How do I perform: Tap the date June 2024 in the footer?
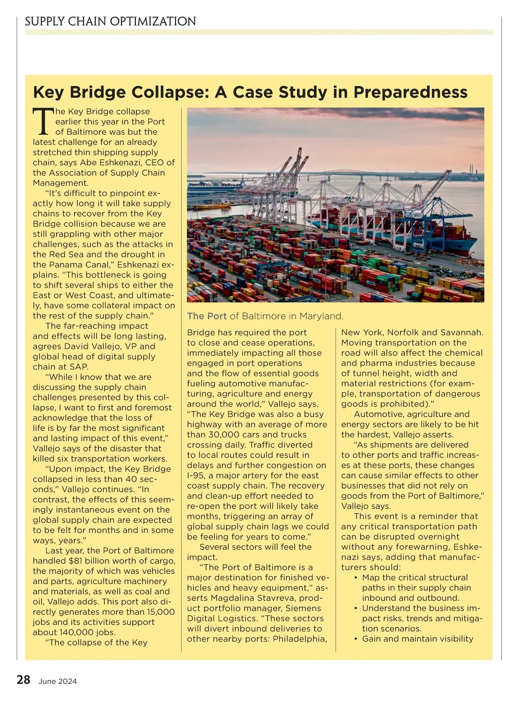[x=57, y=681]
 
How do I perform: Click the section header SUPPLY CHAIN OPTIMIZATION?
[x=111, y=21]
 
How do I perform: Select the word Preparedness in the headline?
[x=410, y=92]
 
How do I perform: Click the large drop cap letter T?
[x=43, y=122]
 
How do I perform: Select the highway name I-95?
[x=199, y=476]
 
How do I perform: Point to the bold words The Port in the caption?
[x=207, y=316]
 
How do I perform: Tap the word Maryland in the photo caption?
[x=321, y=316]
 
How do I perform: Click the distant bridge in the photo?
[x=341, y=175]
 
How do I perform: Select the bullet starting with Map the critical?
[x=414, y=588]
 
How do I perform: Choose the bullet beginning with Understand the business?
[x=419, y=618]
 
